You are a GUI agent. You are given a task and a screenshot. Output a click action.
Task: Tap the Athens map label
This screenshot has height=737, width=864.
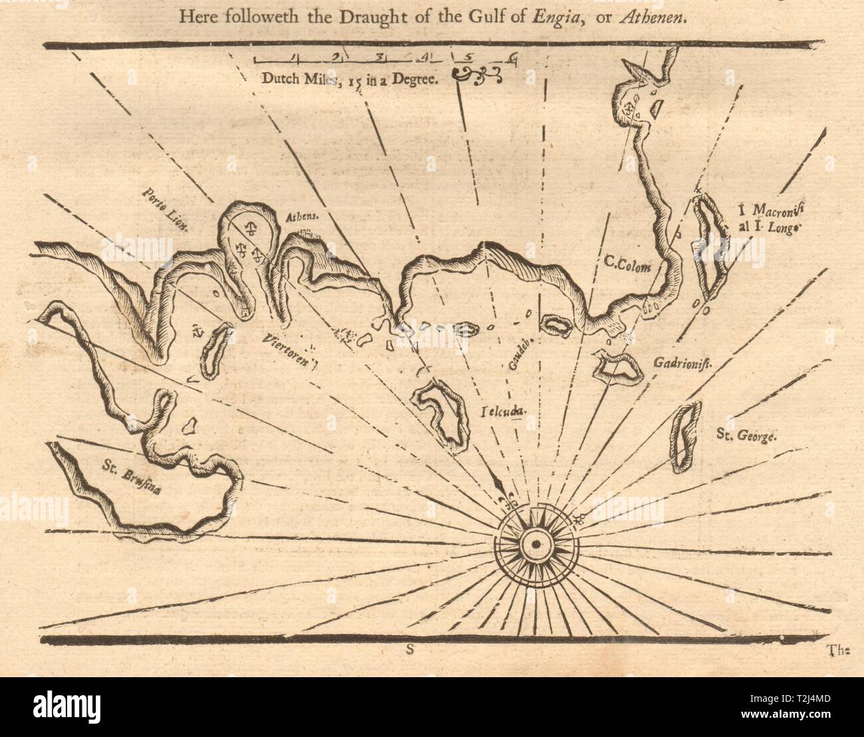[298, 216]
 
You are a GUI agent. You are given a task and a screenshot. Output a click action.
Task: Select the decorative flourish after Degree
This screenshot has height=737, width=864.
[477, 75]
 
